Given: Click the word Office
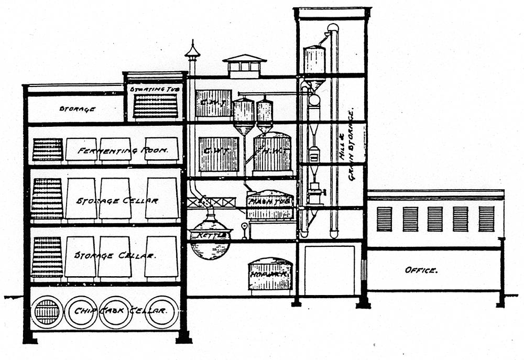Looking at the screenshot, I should [x=421, y=270].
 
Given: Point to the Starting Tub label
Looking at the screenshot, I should [x=155, y=89].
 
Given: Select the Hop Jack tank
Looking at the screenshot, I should [x=270, y=274].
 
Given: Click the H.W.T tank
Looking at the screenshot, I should [x=272, y=153].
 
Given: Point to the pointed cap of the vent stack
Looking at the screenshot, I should [x=192, y=50].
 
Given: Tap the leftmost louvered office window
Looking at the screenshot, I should [x=384, y=219].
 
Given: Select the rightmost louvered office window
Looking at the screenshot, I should [x=486, y=219].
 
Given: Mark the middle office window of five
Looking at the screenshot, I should [x=435, y=219].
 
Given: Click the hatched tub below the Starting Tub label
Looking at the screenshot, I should [x=156, y=106].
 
